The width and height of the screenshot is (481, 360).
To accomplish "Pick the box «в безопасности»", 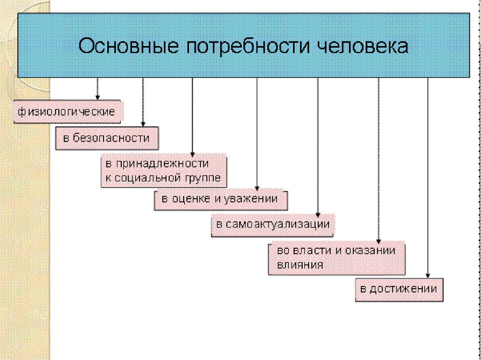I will pos(107,138).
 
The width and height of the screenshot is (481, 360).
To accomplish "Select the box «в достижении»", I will pos(399,289).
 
